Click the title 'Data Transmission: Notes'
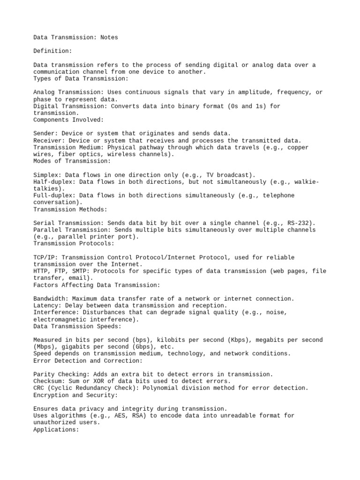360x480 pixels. click(75, 37)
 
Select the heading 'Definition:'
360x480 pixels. click(53, 51)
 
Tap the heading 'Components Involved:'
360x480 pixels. click(68, 120)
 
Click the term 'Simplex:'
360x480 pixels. click(47, 175)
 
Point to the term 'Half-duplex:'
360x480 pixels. click(54, 181)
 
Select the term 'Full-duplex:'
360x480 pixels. click(54, 195)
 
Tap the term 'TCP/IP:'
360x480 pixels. click(45, 257)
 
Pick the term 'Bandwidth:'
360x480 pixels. click(51, 299)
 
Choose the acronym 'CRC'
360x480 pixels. click(38, 388)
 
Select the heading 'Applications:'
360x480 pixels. click(56, 429)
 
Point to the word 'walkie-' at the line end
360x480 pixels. click(307, 181)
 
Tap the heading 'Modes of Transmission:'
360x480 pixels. click(72, 161)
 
